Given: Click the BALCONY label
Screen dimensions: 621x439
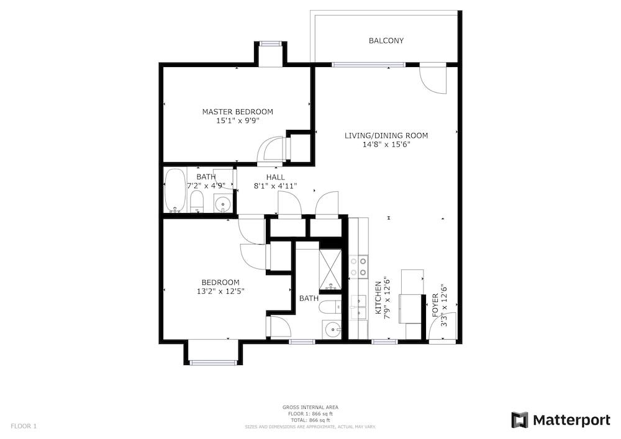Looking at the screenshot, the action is point(386,40).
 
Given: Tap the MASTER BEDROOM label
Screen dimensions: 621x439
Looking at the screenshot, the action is point(238,112).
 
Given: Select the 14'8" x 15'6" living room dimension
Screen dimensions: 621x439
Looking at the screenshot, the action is point(386,145).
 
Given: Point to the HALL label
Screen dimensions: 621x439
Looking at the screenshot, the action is point(275,177).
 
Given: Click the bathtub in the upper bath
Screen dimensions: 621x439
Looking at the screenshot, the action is point(175,191).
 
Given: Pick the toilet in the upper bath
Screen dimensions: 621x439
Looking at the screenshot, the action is point(196,201).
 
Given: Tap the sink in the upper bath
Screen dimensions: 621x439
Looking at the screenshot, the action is point(224,203).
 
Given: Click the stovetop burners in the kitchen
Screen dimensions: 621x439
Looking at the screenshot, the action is point(358,266).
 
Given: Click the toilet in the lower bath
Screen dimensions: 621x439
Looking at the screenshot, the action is point(330,306).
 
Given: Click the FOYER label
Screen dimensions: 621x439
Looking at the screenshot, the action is point(435,305).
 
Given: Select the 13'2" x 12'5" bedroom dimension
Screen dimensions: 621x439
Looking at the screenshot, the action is point(220,291).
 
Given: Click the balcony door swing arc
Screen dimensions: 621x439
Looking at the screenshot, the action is point(433,81).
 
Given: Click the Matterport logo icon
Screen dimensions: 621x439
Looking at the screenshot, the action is point(520,420).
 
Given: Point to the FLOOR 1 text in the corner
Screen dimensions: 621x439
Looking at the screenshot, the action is point(24,427).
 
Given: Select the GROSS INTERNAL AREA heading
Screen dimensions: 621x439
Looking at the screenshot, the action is point(310,407).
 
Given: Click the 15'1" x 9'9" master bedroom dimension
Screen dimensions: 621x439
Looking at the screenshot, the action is point(238,120).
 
